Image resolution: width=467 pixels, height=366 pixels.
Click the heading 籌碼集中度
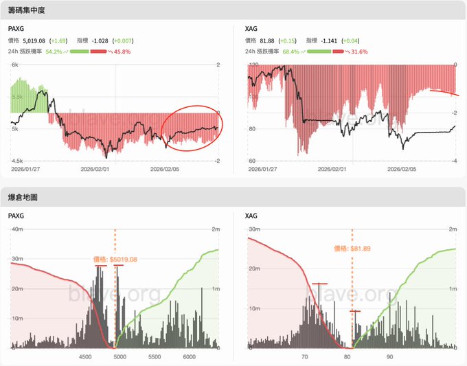click(x=28, y=10)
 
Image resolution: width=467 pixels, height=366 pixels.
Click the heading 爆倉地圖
click(x=23, y=197)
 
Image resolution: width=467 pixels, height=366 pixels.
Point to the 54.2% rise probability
click(x=54, y=52)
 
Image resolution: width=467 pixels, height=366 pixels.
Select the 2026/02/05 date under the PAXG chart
click(x=164, y=168)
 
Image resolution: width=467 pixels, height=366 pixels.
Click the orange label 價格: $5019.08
click(x=115, y=260)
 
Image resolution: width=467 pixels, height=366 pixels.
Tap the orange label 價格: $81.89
click(x=352, y=249)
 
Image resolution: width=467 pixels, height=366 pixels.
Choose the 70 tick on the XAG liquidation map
click(x=305, y=357)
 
